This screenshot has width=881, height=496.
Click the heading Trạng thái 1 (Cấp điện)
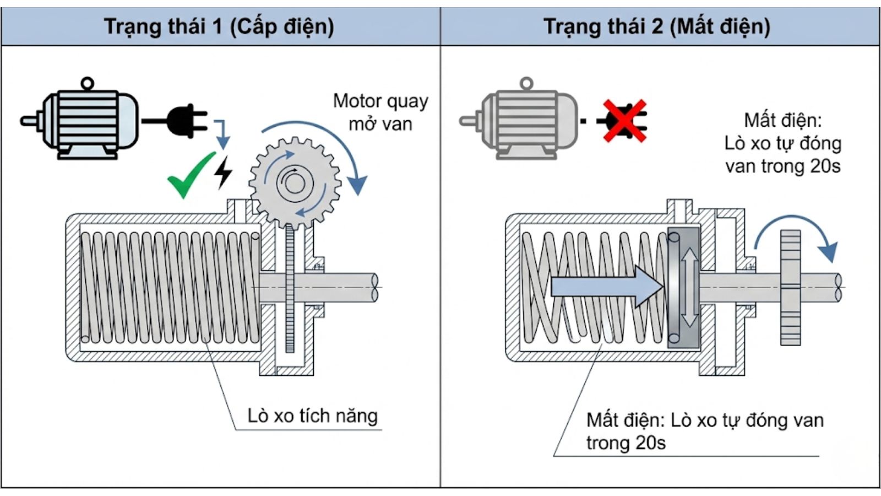pos(219,26)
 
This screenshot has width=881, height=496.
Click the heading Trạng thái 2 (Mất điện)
pos(656,26)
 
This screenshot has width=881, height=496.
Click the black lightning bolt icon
pos(223,172)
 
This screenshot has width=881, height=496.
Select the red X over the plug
pos(624,121)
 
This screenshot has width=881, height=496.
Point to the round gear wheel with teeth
pos(295,182)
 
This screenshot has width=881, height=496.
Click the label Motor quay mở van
pos(380,112)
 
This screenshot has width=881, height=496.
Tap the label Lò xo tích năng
pos(312,416)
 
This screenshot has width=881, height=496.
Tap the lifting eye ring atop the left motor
pos(87,84)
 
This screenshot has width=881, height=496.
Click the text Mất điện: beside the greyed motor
pos(782,120)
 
